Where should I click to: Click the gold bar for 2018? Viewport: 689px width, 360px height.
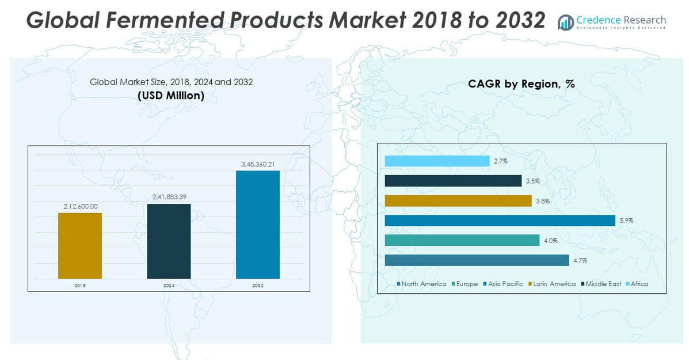coord(80,246)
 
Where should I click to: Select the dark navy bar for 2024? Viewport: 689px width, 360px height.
coord(169,241)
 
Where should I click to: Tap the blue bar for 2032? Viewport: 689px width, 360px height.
coord(257,225)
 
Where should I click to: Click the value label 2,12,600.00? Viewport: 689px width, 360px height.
coord(80,206)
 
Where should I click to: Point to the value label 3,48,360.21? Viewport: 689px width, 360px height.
coord(257,164)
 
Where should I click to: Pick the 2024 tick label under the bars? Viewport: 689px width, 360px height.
coord(169,286)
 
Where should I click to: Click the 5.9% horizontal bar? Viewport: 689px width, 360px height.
coord(500,221)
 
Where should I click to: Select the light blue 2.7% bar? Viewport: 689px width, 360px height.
coord(437,161)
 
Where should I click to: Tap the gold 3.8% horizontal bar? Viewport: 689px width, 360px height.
coord(458,200)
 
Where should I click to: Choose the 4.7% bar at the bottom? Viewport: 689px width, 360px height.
coord(477,260)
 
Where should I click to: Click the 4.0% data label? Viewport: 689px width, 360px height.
coord(550,241)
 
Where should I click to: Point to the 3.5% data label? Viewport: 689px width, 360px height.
coord(532,181)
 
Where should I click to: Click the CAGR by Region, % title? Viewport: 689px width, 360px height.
coord(521,84)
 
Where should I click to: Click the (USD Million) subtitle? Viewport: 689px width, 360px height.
coord(171,96)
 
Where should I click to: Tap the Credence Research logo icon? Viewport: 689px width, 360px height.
coord(566,22)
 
